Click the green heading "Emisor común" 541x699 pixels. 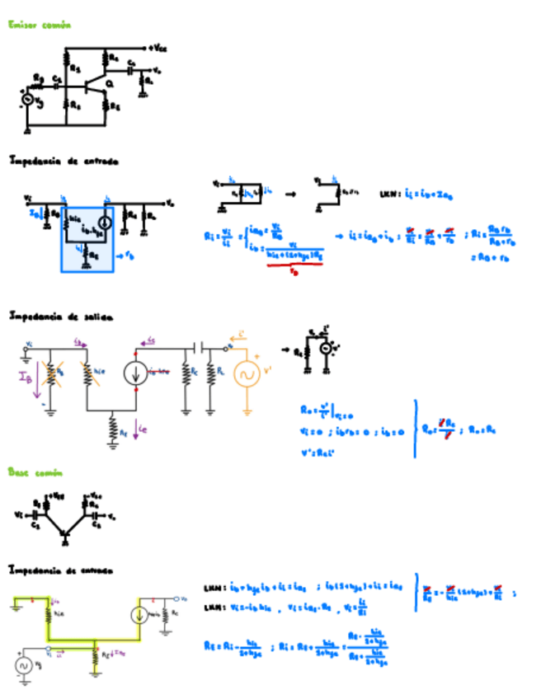(40, 26)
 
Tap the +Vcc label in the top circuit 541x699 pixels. (159, 48)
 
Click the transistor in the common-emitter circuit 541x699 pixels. (102, 86)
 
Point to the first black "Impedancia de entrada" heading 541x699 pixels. (64, 162)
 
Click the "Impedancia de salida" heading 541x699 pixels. (60, 316)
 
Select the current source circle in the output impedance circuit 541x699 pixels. (136, 373)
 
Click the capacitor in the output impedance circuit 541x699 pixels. (198, 348)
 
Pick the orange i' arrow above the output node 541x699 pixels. (241, 334)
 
